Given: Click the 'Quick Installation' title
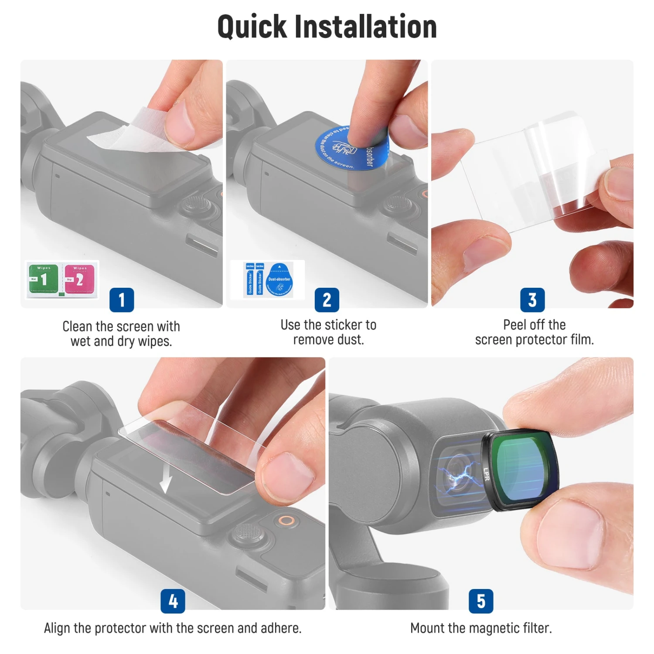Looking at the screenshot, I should click(327, 27).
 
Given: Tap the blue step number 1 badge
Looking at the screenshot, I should click(122, 300).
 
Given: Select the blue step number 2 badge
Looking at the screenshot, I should click(327, 300).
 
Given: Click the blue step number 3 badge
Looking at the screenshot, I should click(532, 300).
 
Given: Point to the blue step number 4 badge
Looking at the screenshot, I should click(173, 601).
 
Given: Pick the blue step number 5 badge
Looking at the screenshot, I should click(481, 601).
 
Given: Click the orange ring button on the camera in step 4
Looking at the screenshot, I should click(286, 520).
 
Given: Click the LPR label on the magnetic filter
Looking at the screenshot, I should click(487, 474).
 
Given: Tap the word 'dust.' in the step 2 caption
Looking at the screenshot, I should click(351, 340).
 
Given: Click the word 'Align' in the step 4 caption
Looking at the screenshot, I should click(57, 628).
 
